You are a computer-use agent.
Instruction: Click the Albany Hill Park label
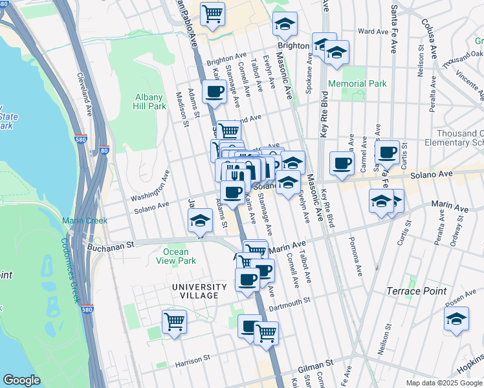149,102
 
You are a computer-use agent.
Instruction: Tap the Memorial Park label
357,83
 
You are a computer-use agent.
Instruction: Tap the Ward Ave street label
373,31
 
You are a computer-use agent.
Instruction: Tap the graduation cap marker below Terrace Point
456,318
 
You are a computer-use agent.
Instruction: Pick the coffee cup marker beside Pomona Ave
342,162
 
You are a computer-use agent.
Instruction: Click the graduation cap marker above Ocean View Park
201,221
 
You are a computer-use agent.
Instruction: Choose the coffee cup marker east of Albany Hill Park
214,91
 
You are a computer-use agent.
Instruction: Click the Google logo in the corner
21,380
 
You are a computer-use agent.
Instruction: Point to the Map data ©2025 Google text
443,383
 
